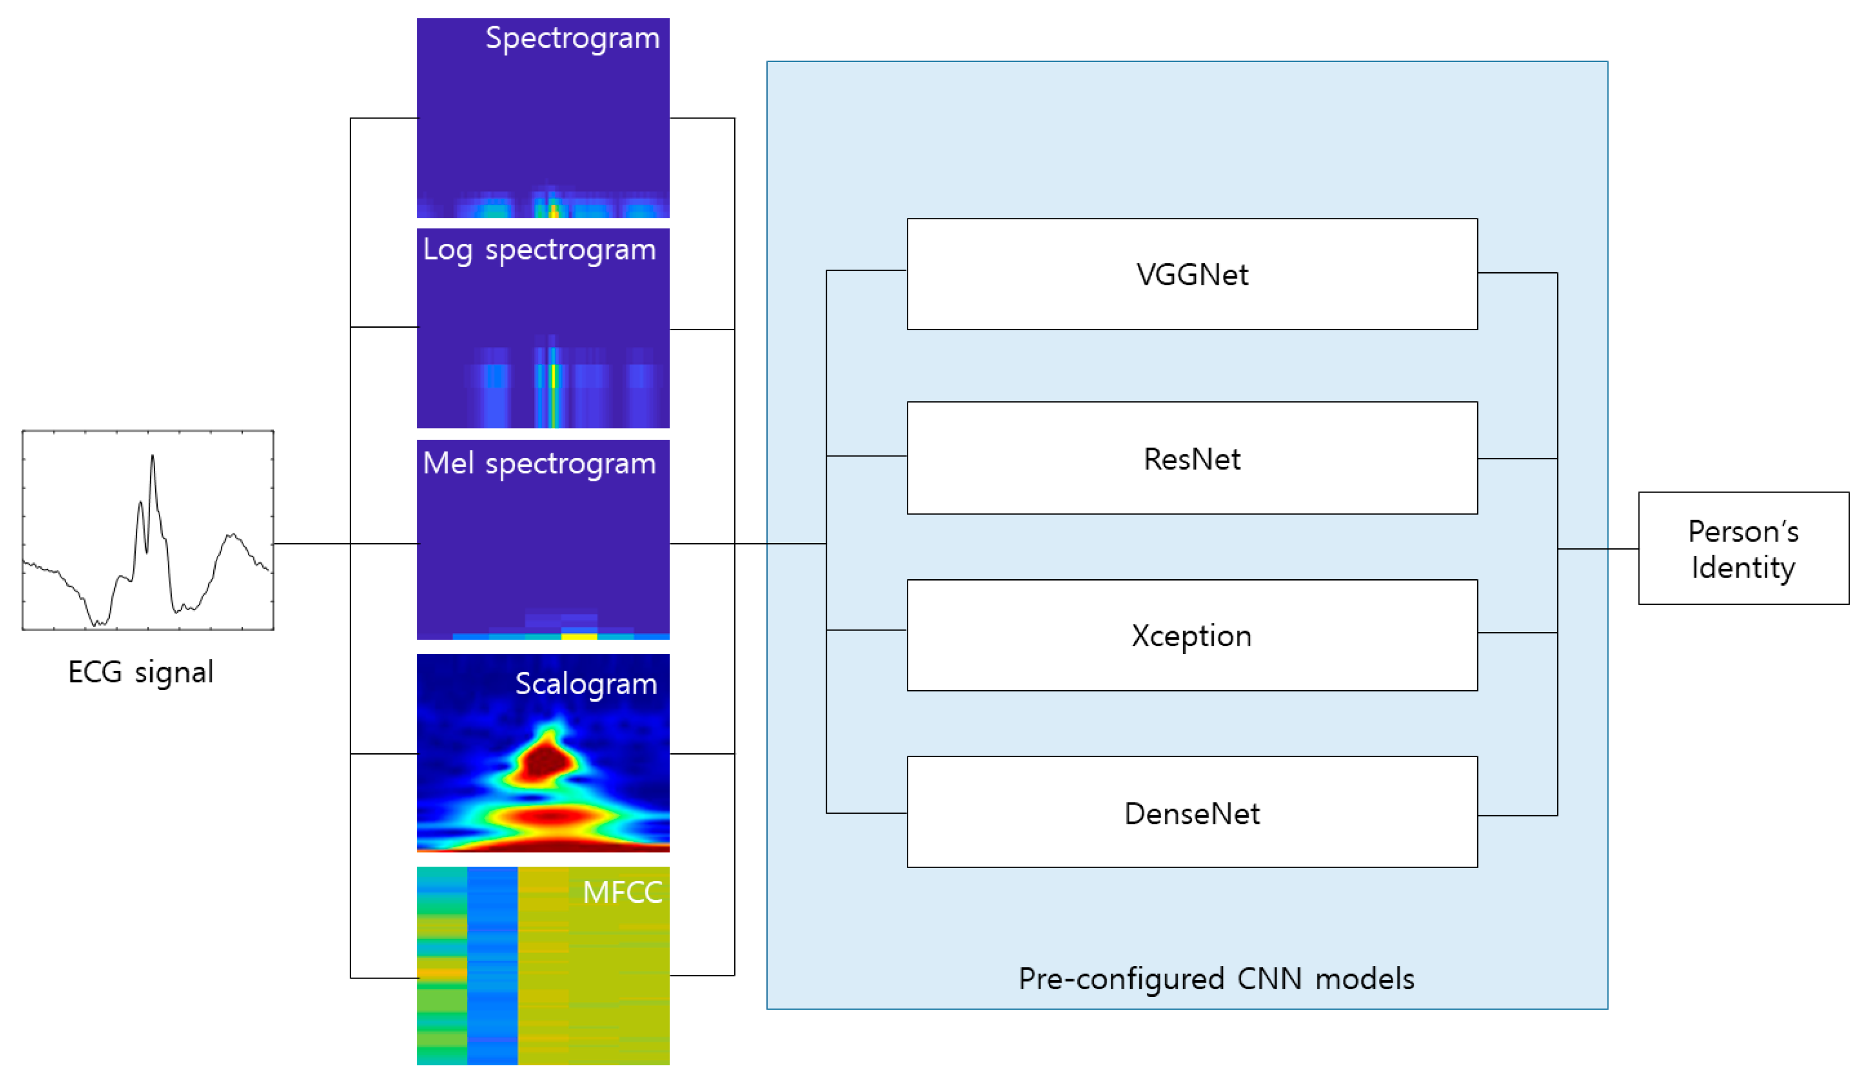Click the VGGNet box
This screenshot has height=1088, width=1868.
click(x=1192, y=274)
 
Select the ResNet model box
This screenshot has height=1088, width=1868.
click(x=1192, y=458)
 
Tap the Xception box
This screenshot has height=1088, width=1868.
click(x=1192, y=635)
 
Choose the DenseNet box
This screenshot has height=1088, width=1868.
click(x=1192, y=812)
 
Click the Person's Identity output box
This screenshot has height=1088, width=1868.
click(x=1743, y=549)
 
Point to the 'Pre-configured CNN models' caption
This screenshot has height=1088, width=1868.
click(x=1217, y=979)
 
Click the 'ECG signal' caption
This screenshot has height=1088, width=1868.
click(x=141, y=672)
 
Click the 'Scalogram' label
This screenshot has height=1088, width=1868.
click(x=586, y=684)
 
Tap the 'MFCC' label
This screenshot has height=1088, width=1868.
click(x=623, y=893)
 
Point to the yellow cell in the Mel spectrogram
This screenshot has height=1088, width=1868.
click(x=580, y=635)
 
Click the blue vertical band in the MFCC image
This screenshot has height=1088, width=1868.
click(x=492, y=966)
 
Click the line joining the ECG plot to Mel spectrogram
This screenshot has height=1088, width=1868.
click(x=346, y=544)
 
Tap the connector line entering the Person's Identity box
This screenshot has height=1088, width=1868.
click(x=1598, y=549)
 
